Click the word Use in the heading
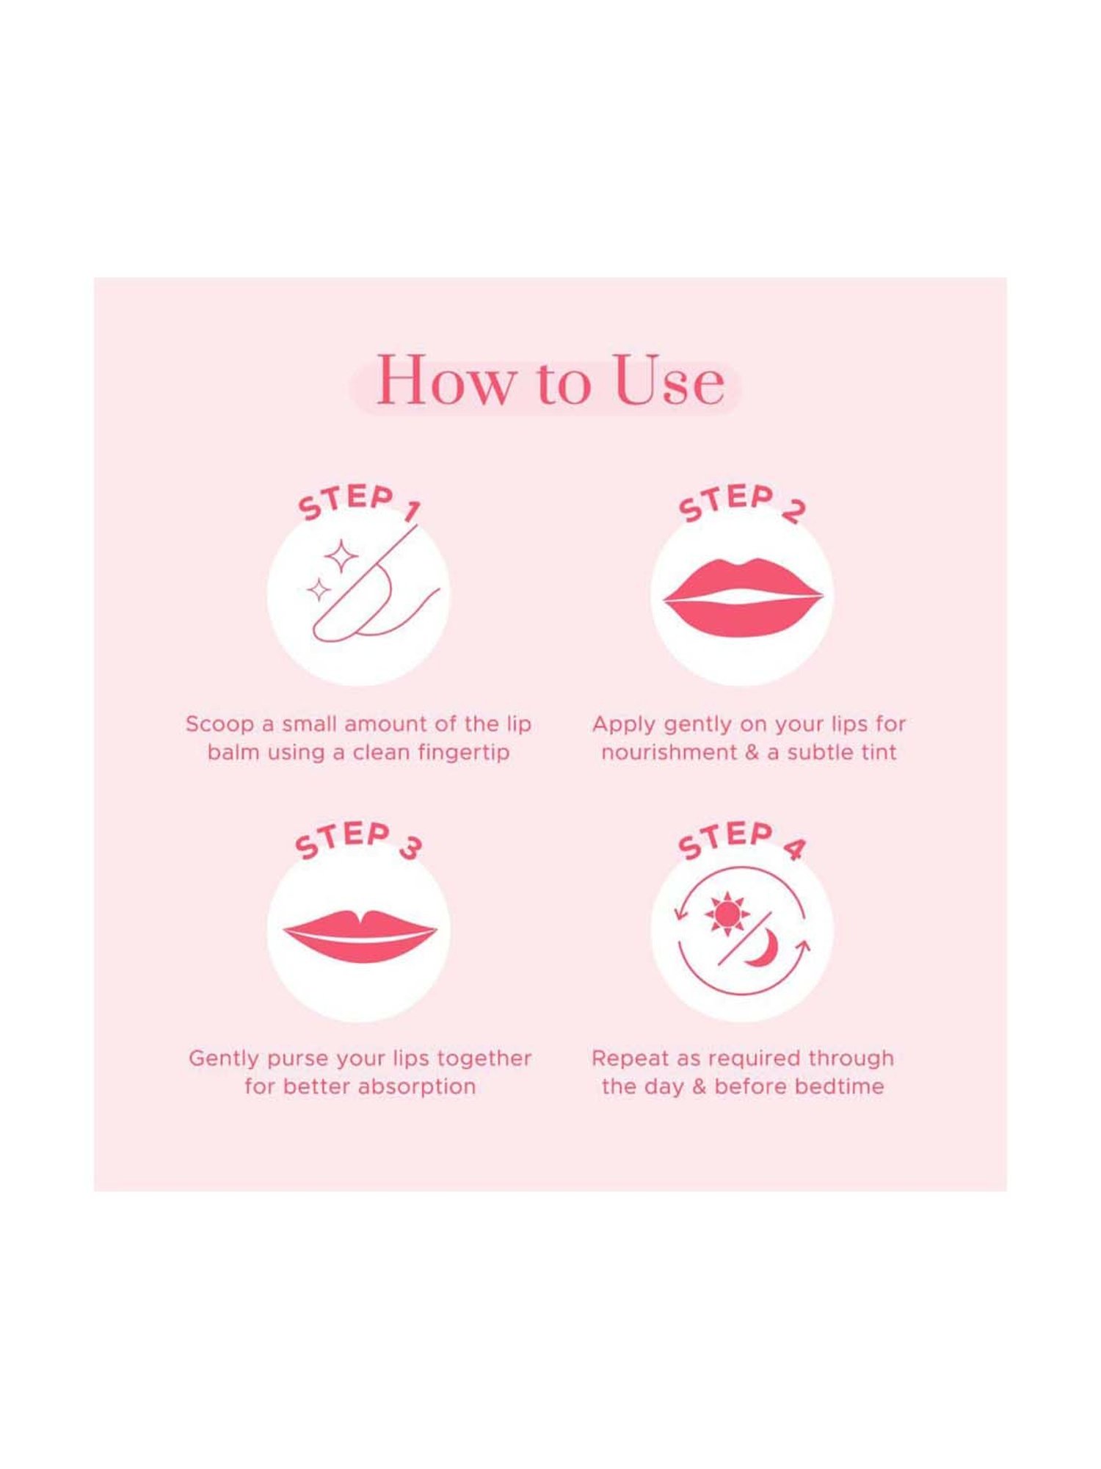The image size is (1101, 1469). pyautogui.click(x=669, y=381)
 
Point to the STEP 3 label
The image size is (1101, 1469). pyautogui.click(x=358, y=839)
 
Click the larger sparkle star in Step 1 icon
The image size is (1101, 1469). pyautogui.click(x=341, y=556)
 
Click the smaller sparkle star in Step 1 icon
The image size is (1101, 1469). pyautogui.click(x=319, y=590)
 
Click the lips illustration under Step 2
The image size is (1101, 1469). pyautogui.click(x=743, y=597)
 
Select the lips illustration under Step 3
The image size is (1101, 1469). pyautogui.click(x=360, y=935)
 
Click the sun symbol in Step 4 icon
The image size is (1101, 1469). pyautogui.click(x=727, y=914)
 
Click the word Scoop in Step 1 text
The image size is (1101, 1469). pyautogui.click(x=219, y=724)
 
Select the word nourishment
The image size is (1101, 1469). pyautogui.click(x=669, y=753)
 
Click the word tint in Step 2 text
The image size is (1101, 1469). pyautogui.click(x=879, y=753)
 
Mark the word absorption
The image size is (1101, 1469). pyautogui.click(x=417, y=1087)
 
